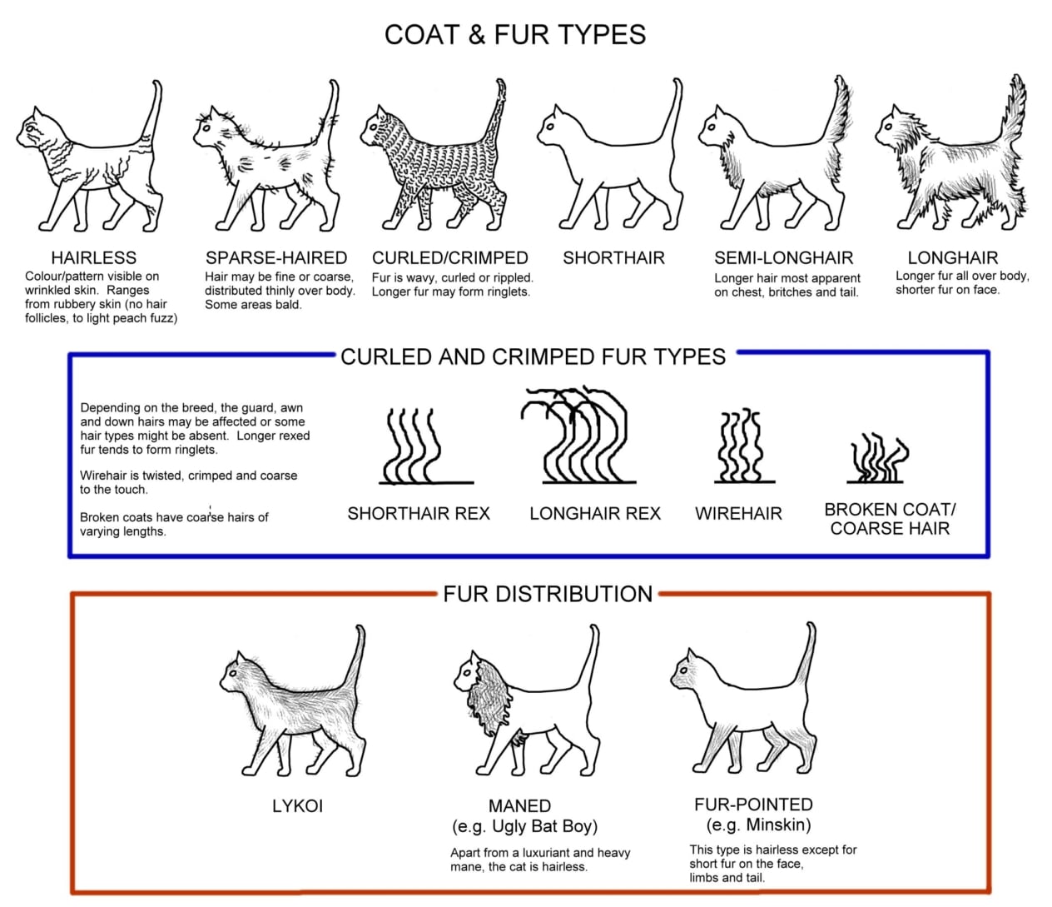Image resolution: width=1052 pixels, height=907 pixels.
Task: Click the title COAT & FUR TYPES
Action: pos(515,35)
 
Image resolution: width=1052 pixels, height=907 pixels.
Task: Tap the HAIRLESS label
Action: pos(94,257)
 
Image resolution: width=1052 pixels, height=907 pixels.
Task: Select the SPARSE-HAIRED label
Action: pos(276,257)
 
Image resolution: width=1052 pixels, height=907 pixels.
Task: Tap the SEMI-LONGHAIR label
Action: pos(784,257)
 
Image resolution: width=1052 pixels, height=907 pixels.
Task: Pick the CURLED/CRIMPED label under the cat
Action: pos(450,257)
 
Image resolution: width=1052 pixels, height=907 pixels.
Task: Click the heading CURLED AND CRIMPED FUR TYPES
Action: pos(533,356)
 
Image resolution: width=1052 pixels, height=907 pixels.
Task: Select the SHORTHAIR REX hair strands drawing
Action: pos(426,446)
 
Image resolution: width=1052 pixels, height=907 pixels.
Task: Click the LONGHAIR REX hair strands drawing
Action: pos(578,436)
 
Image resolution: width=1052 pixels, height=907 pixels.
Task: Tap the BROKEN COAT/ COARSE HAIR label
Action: pos(891,518)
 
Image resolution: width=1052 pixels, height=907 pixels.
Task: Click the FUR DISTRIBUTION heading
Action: pos(548,594)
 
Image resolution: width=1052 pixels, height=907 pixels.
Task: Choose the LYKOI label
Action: pos(297,805)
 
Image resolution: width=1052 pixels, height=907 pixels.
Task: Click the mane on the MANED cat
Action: pos(489,698)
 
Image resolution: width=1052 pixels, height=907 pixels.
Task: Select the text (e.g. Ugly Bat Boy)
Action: pos(524,826)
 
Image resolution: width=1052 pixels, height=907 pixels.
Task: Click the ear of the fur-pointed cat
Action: pos(690,657)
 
